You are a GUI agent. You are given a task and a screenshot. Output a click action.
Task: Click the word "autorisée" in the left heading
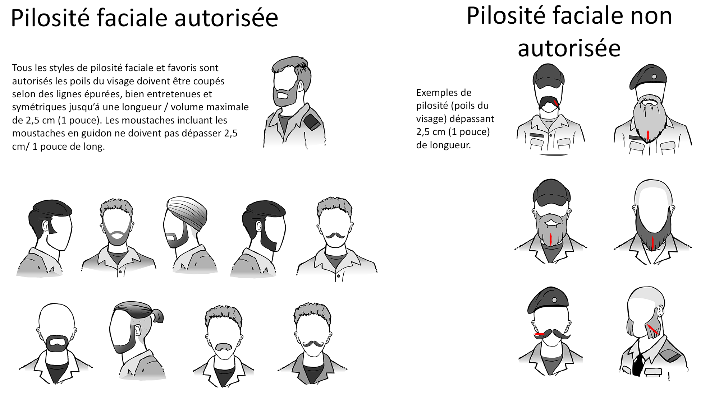pyautogui.click(x=226, y=18)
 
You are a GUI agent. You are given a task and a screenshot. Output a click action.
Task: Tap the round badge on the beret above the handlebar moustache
pyautogui.click(x=555, y=300)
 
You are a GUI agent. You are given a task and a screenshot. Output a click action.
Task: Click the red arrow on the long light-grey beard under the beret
pyautogui.click(x=648, y=135)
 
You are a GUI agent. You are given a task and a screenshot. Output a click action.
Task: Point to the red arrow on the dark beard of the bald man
pyautogui.click(x=653, y=243)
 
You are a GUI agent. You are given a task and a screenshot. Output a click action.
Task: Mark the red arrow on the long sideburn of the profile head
pyautogui.click(x=652, y=329)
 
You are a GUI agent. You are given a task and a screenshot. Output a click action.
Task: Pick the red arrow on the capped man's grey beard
pyautogui.click(x=551, y=239)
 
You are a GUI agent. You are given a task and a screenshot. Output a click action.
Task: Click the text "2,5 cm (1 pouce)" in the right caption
pyautogui.click(x=453, y=132)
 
